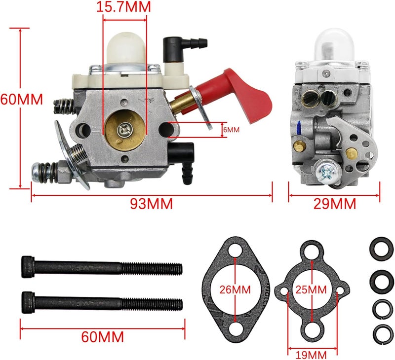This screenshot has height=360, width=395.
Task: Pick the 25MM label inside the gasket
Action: pos(312,288)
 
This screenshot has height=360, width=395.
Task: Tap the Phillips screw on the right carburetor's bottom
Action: pos(327,172)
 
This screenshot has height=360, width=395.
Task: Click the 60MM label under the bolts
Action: pos(102,337)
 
